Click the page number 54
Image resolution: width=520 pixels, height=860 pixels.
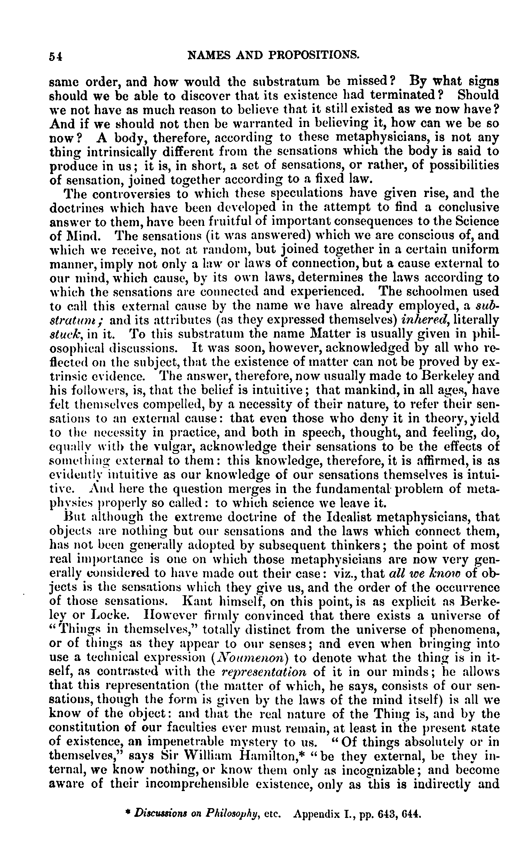coord(55,57)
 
